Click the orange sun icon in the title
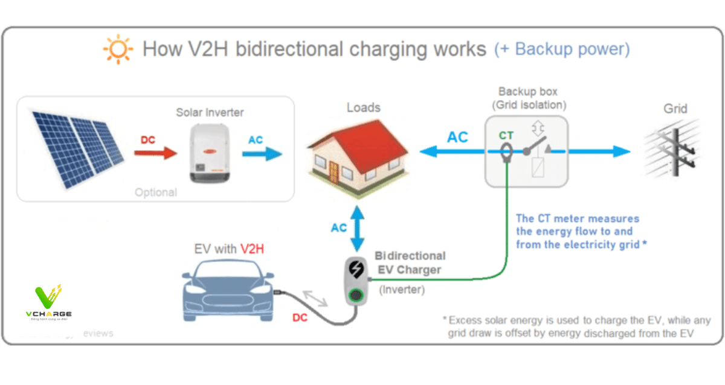[118, 49]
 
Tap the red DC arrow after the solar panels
[156, 153]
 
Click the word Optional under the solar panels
[156, 192]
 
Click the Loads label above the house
[364, 107]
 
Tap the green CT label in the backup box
[506, 136]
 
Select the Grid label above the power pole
[675, 109]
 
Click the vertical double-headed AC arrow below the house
[358, 228]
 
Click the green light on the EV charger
[355, 296]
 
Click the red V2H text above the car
[252, 249]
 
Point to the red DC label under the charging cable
[300, 317]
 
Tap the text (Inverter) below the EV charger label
[402, 290]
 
